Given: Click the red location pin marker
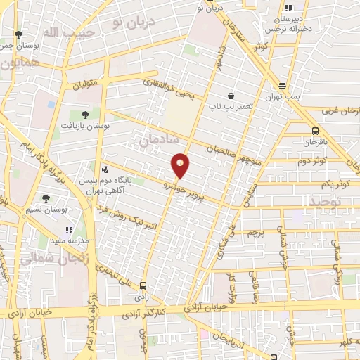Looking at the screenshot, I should coord(181,165).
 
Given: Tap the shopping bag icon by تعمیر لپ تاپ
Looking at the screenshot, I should coord(231,96).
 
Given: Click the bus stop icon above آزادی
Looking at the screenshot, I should coord(143,285).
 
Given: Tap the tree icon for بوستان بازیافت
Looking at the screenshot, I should coord(85,114).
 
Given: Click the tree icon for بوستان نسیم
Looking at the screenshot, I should coord(46,199).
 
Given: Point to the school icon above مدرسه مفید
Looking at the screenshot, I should coord(69,229).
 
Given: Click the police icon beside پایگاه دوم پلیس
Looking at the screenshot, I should coord(105,169).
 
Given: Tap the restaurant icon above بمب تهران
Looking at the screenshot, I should coord(283,84).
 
